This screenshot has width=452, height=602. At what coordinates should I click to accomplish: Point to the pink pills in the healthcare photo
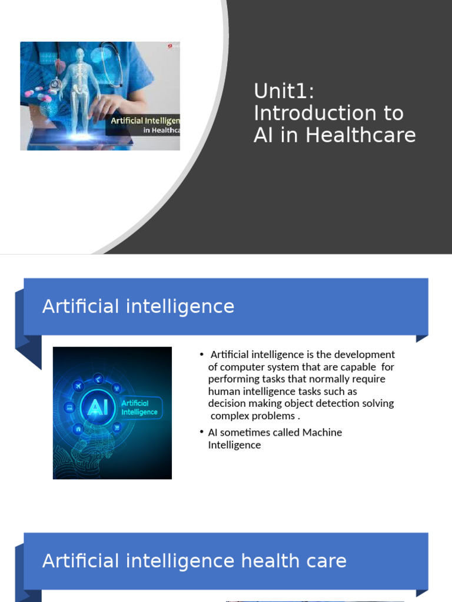pos(35,91)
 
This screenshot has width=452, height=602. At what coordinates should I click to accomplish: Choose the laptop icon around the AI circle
pos(69,407)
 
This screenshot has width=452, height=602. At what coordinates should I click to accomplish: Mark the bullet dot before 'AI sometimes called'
pos(201,433)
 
